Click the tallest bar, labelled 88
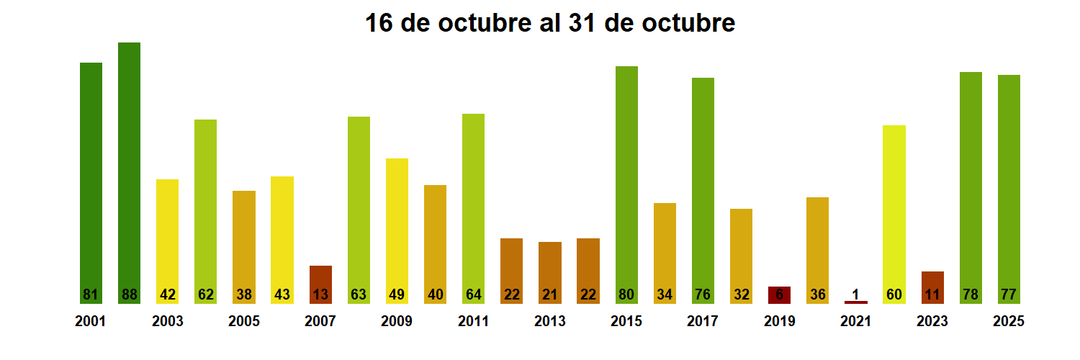129,173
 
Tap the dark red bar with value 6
779,294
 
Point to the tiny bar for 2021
856,302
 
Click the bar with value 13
320,284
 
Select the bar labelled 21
550,272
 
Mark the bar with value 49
397,230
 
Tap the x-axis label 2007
320,322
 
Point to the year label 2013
550,322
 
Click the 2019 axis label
779,322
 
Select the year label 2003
167,322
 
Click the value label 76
703,294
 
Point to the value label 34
665,294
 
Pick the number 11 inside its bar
932,294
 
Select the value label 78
971,294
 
